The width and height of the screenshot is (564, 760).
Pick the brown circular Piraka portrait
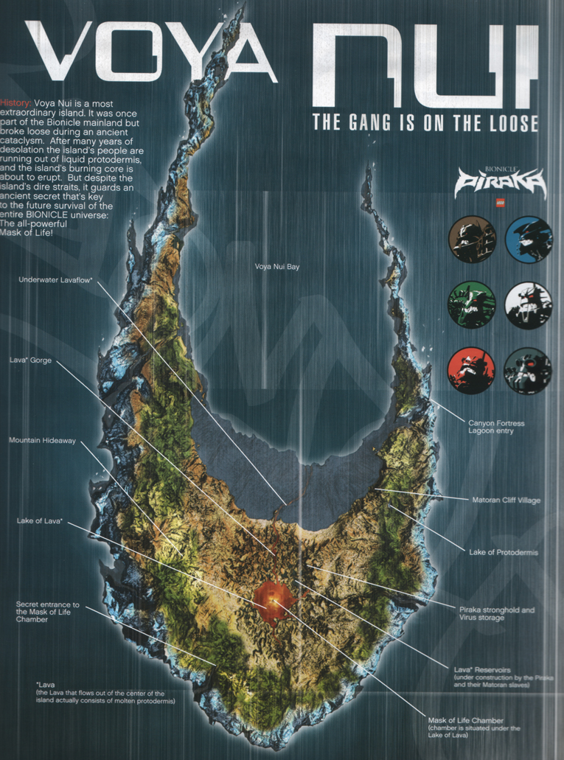472,239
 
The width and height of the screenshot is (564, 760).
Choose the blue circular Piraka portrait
528,239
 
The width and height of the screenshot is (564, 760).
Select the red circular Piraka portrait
472,369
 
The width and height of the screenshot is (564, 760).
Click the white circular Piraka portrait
528,304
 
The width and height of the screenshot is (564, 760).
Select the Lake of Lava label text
40,521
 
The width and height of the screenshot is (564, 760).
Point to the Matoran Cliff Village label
506,501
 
